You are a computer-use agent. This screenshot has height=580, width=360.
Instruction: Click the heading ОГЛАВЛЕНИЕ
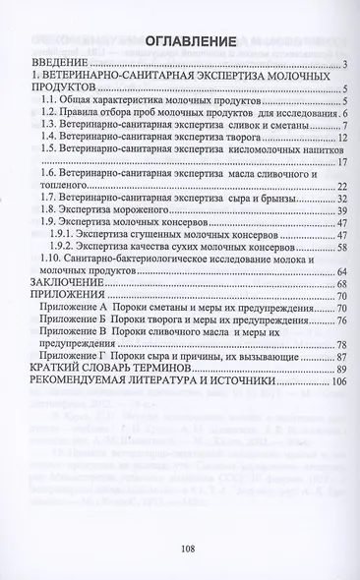(186, 42)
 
